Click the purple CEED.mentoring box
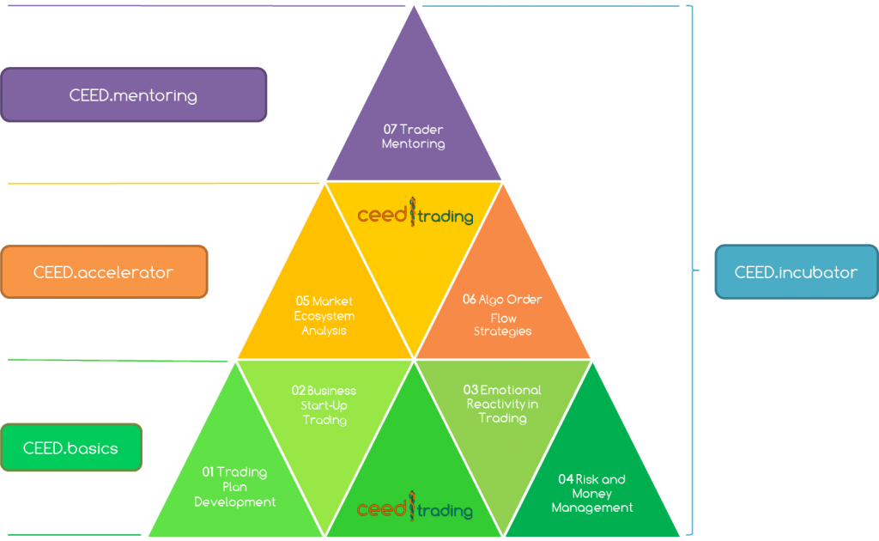pos(133,94)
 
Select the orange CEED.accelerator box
pos(104,271)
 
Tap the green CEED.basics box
pos(71,447)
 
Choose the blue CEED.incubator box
pos(796,271)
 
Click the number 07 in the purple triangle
pos(390,130)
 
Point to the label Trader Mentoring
pos(415,137)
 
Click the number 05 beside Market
pos(302,301)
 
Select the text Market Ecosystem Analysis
pos(324,316)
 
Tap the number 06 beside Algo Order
pos(469,300)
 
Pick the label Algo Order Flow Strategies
pos(504,315)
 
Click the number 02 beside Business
pos(298,390)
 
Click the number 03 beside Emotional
pos(471,390)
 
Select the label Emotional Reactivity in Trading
pos(504,404)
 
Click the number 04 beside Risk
pos(565,479)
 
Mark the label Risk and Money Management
pos(593,494)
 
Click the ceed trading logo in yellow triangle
pos(415,214)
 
